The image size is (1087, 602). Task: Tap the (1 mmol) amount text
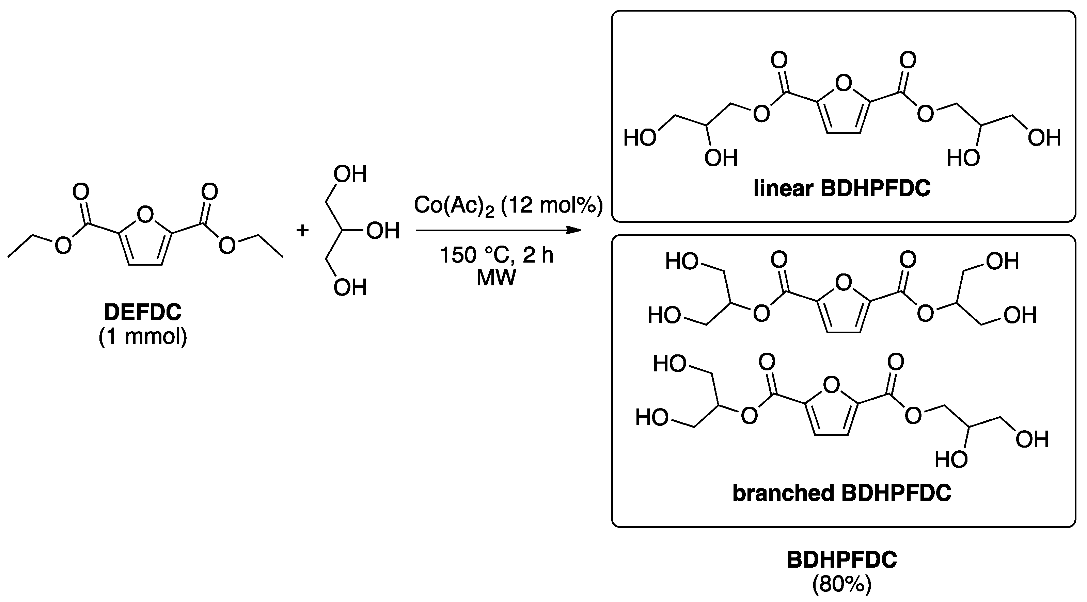pos(143,336)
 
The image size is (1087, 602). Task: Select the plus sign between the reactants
pos(302,231)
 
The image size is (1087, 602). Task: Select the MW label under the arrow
pos(496,278)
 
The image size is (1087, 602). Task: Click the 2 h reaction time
pos(538,255)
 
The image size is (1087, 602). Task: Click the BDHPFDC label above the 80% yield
pos(842,560)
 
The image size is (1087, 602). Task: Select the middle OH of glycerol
pos(383,231)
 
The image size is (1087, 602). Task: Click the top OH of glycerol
pos(350,174)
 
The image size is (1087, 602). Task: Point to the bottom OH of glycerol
pos(350,288)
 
